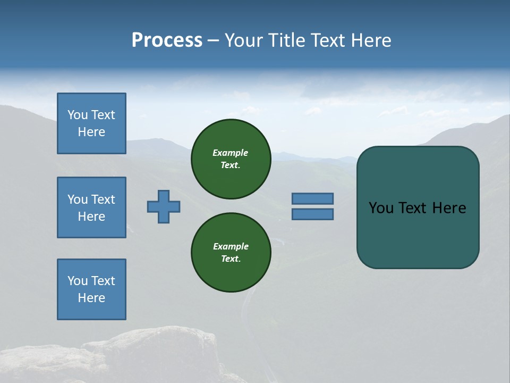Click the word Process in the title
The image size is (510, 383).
tap(167, 40)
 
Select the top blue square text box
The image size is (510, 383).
tap(91, 123)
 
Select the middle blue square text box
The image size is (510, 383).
tap(91, 207)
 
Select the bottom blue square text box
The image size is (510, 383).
tap(91, 289)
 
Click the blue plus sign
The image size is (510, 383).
tap(164, 206)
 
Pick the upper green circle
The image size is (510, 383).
tap(231, 159)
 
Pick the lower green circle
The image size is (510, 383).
tap(231, 253)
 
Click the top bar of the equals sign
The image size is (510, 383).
tap(312, 198)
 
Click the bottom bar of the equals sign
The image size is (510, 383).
tap(312, 214)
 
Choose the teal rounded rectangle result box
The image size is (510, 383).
tap(418, 234)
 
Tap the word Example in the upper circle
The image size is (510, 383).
tap(230, 153)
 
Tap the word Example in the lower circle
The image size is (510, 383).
tap(231, 246)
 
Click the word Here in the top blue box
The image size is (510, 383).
tap(91, 132)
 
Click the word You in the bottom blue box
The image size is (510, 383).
tap(78, 281)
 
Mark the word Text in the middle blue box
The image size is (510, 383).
tap(103, 199)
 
